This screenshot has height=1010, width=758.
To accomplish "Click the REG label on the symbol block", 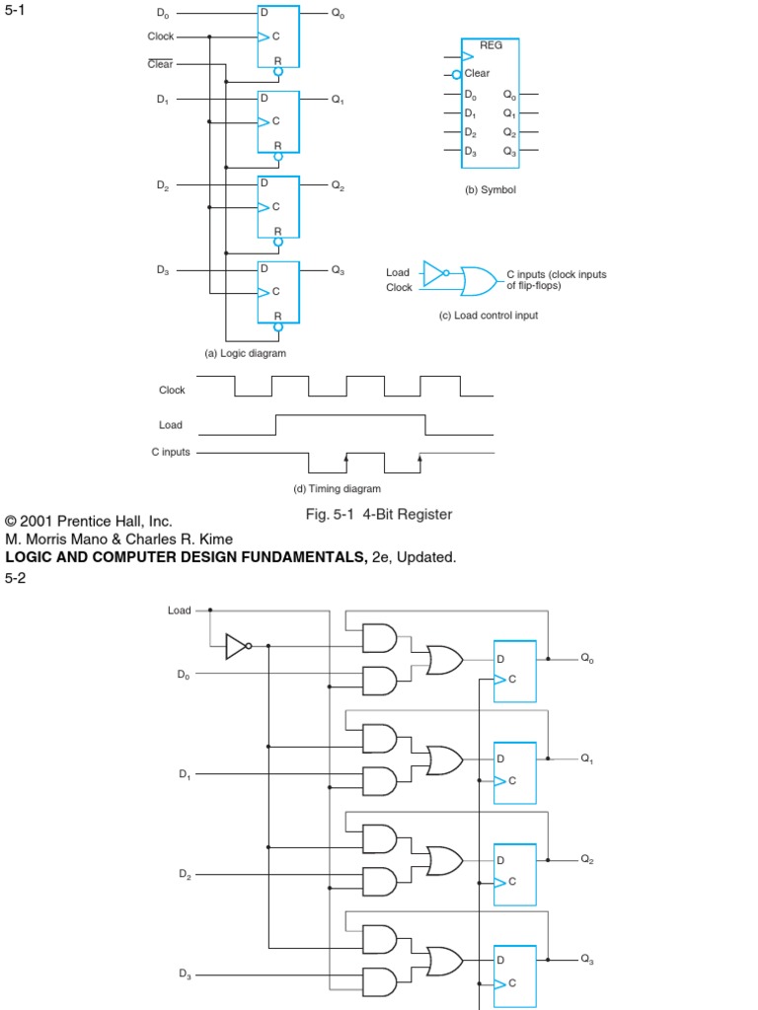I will click(x=491, y=45).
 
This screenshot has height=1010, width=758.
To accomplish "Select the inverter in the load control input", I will click(x=433, y=272).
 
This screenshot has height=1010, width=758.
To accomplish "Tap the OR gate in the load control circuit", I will click(x=479, y=280).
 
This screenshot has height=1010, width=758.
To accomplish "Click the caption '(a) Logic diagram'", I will click(x=245, y=353).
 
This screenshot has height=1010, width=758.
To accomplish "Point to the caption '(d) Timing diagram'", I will click(x=337, y=488).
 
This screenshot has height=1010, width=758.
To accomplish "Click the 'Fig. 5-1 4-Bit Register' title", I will click(x=379, y=514).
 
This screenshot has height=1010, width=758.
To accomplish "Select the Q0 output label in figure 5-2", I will click(x=587, y=658).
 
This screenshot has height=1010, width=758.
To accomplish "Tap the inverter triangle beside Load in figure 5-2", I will click(x=237, y=646).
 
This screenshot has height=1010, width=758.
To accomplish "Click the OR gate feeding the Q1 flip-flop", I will click(x=444, y=759).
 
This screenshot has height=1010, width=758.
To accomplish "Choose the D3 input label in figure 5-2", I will click(x=185, y=974).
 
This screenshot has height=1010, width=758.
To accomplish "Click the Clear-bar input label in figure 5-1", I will click(x=160, y=64).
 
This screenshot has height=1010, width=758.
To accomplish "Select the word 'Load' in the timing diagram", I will click(x=171, y=426).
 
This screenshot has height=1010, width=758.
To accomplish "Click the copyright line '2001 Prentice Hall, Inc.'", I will click(x=89, y=521).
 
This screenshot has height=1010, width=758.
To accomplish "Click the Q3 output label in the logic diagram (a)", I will click(x=338, y=270).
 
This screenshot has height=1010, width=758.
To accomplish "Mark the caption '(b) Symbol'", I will click(x=491, y=189).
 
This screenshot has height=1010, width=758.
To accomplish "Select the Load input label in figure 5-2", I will click(x=179, y=611).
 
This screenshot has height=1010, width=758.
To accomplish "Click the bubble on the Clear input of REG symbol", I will click(x=456, y=74).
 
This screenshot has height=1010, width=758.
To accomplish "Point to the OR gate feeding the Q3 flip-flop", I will click(x=444, y=960).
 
